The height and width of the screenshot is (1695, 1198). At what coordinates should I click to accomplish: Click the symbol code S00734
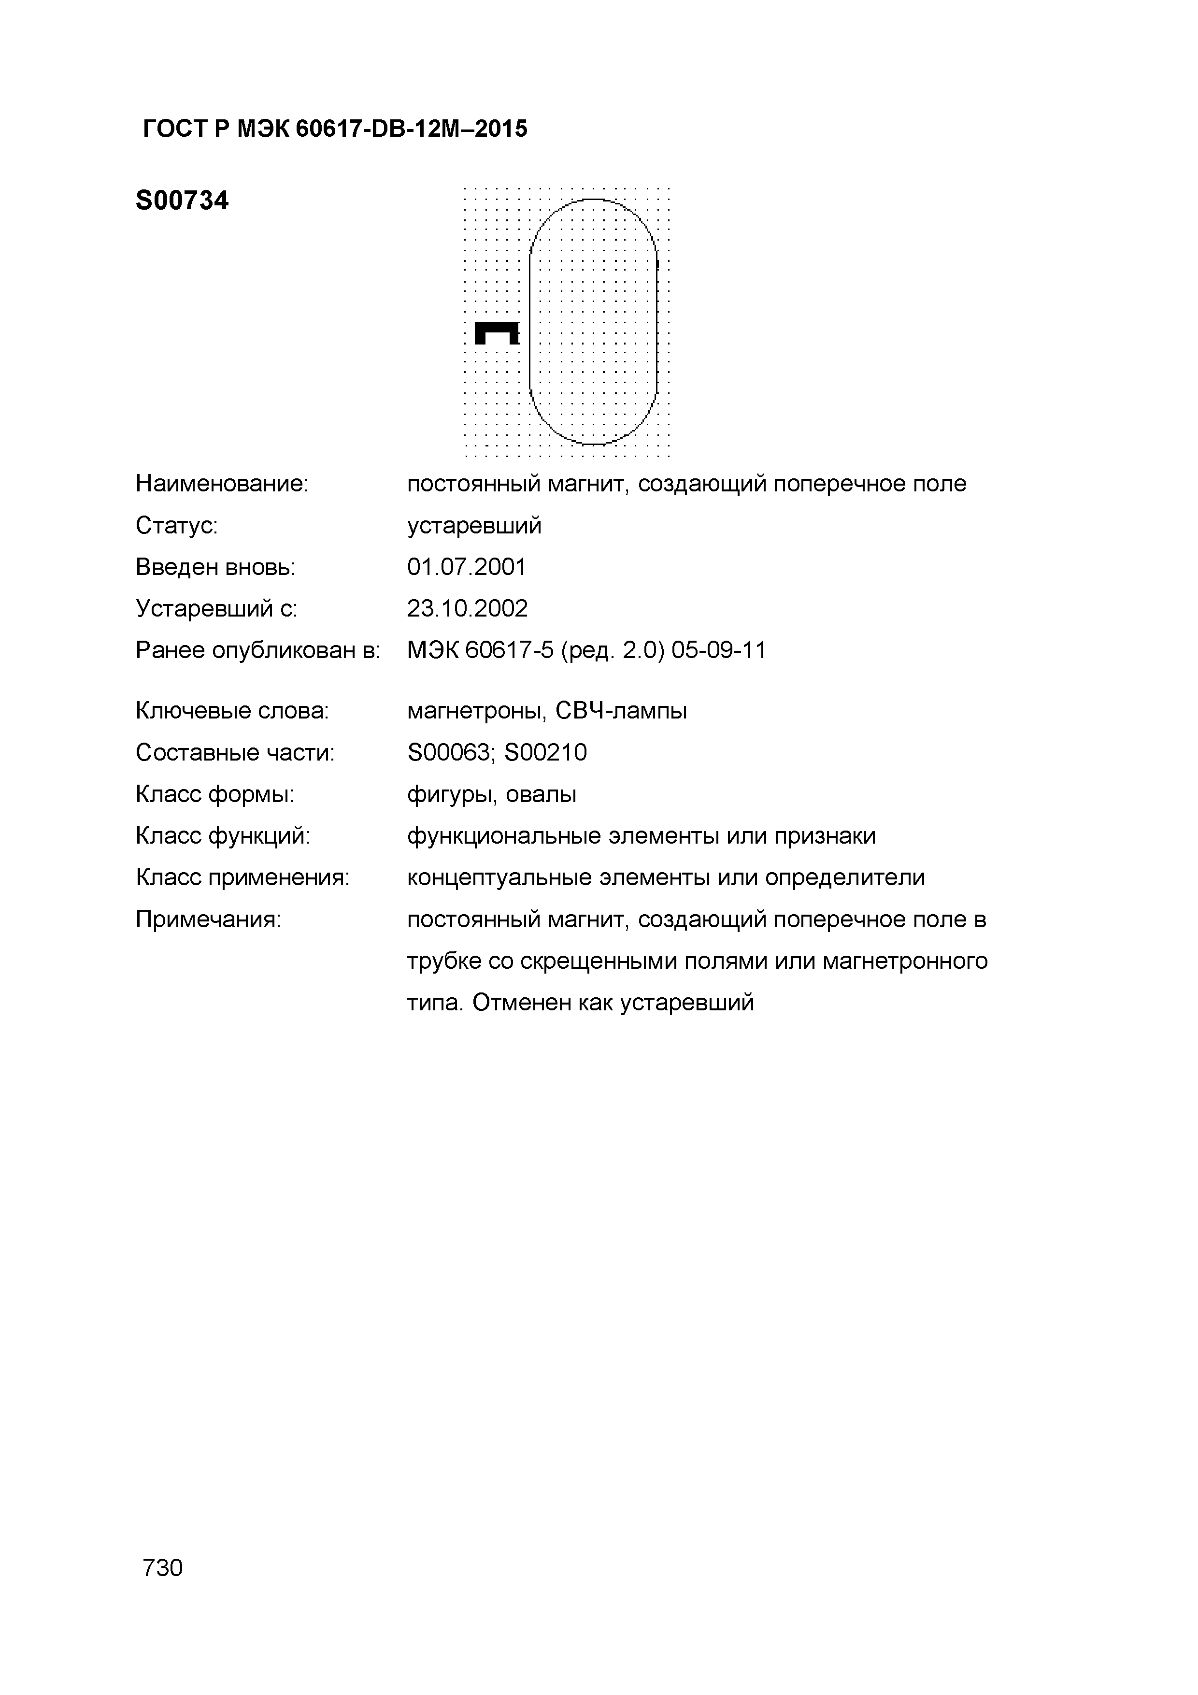182,201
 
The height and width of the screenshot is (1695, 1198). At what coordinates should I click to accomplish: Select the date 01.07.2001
467,567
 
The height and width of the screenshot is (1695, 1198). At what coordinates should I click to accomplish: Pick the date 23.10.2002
467,608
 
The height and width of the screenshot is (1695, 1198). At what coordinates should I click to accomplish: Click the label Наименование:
221,484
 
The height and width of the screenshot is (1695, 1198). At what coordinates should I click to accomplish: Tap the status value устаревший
474,526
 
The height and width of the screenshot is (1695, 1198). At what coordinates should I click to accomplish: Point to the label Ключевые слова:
232,711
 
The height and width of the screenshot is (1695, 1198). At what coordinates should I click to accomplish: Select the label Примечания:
208,919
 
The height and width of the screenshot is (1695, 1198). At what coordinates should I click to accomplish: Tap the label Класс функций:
222,836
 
